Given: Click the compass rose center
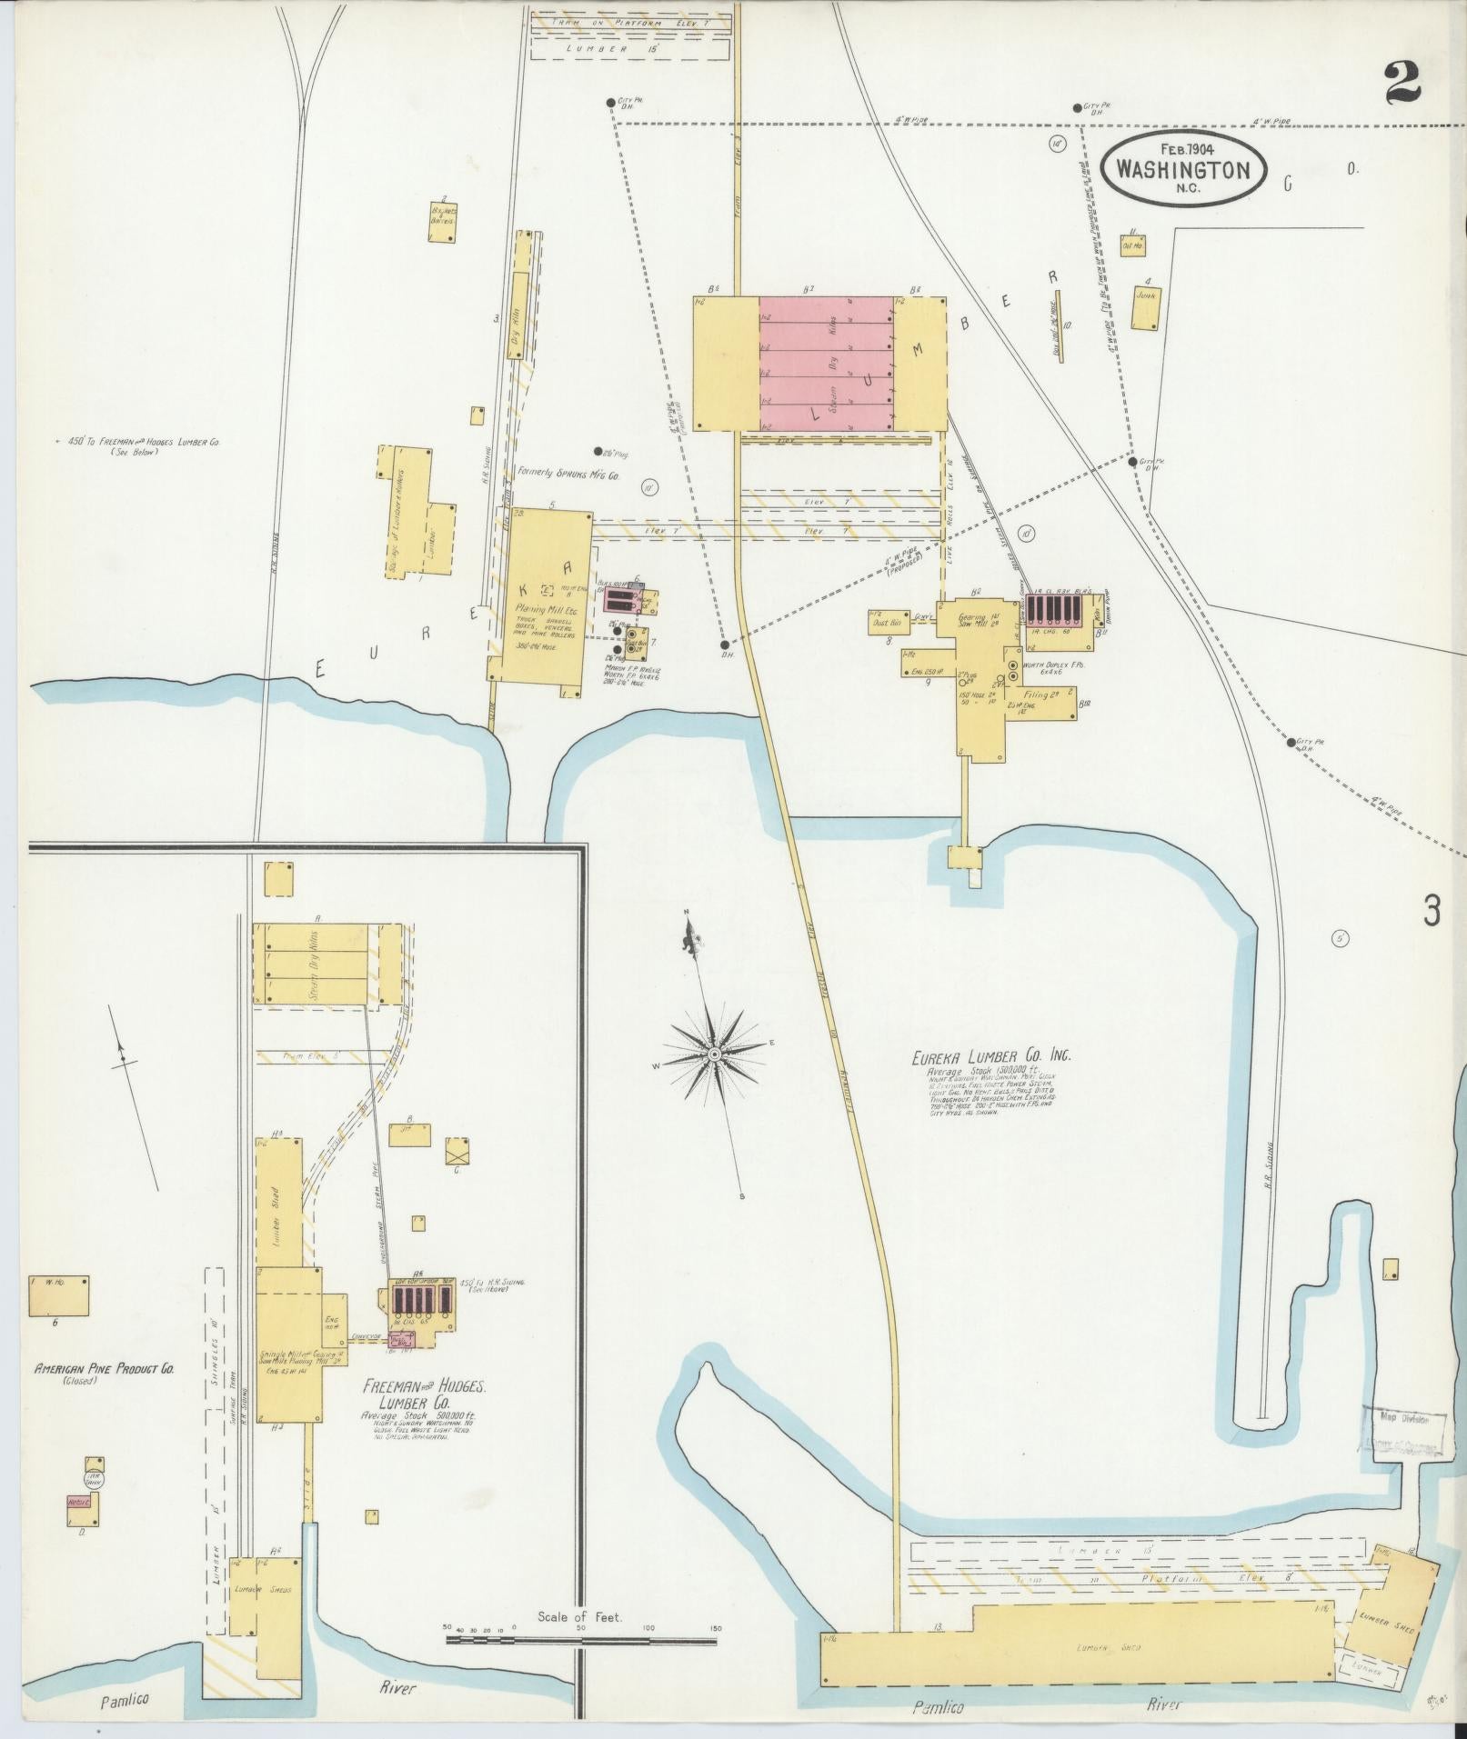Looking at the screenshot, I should [715, 1053].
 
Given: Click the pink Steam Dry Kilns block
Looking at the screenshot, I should [827, 363].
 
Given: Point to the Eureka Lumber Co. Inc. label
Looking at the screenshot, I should [992, 1056].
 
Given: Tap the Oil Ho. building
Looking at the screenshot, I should [1132, 245].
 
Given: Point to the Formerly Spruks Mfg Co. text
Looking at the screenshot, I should [568, 474].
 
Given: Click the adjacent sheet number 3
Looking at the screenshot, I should [1432, 910].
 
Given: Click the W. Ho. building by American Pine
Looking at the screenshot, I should [58, 1295].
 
